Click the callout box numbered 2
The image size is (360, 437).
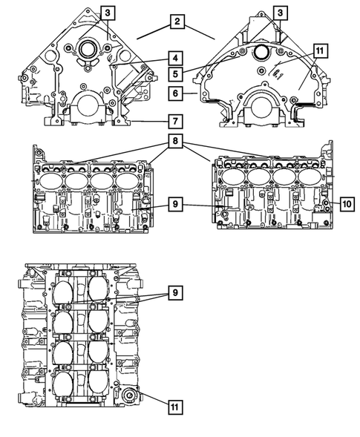176,22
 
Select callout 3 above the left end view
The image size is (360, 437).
108,13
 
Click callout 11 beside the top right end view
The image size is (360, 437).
319,51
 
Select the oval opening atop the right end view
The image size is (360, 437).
261,52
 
